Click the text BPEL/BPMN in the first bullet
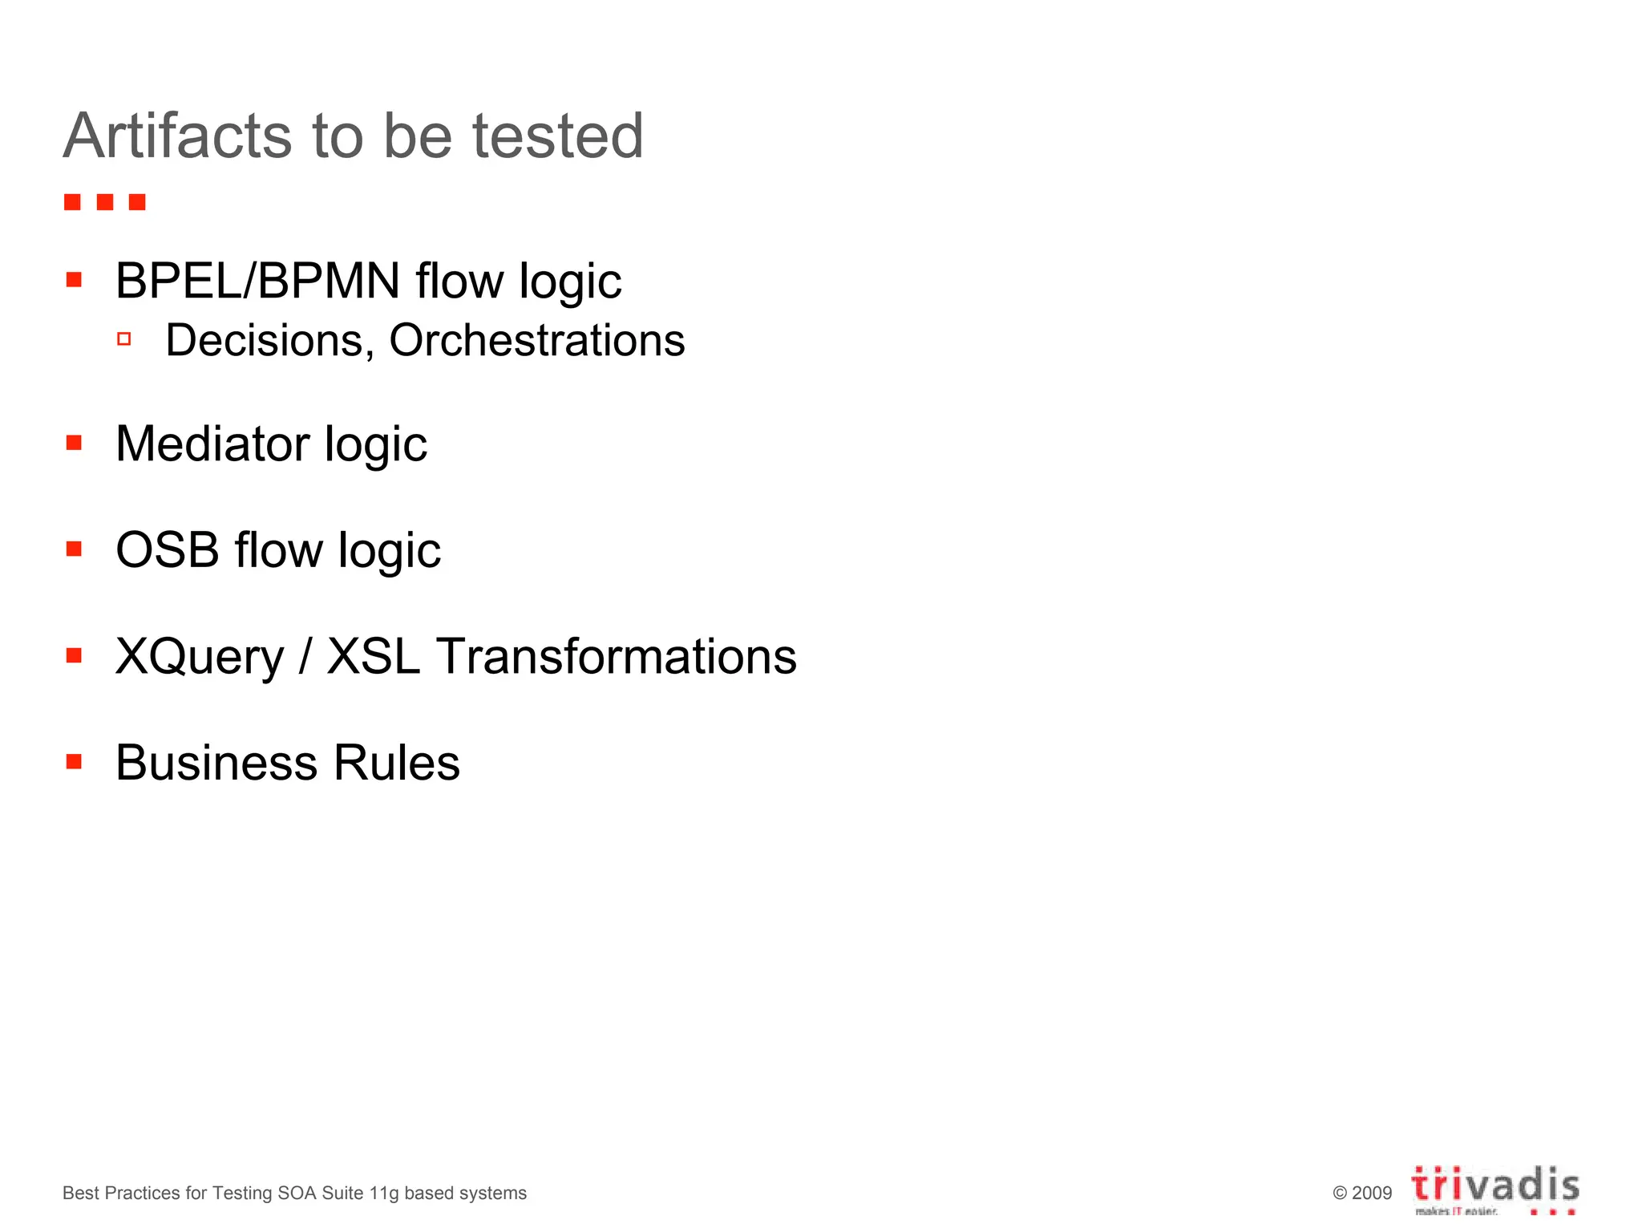[257, 282]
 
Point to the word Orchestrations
[537, 341]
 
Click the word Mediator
[212, 444]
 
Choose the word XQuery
[200, 657]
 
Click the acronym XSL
[373, 657]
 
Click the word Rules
[396, 763]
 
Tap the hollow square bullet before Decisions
[123, 339]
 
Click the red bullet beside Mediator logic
[75, 443]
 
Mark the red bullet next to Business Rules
[75, 761]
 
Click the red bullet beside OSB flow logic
[75, 549]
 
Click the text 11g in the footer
[384, 1193]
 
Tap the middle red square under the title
[105, 202]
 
